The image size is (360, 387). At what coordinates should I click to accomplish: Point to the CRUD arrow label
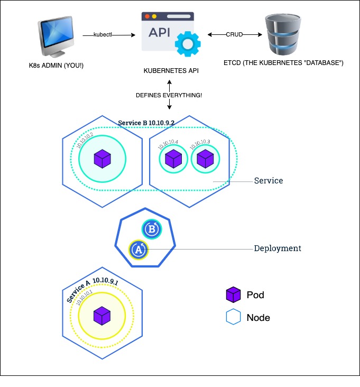tap(235, 35)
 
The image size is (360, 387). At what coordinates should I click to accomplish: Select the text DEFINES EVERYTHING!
tap(169, 95)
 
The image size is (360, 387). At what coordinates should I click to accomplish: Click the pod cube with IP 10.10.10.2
tap(101, 158)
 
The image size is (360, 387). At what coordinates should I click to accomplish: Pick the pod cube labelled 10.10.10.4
tap(173, 158)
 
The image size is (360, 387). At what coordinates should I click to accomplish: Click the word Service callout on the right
tap(269, 181)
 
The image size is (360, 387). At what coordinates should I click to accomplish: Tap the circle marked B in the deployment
tap(152, 229)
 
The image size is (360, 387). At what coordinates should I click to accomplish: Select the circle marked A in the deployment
tap(139, 250)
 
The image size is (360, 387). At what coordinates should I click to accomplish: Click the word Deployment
tap(278, 248)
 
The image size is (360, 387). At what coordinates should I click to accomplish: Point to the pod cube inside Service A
tap(101, 316)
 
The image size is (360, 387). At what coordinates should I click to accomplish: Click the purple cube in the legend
tap(233, 294)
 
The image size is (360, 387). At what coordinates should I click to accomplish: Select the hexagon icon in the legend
tap(233, 318)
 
